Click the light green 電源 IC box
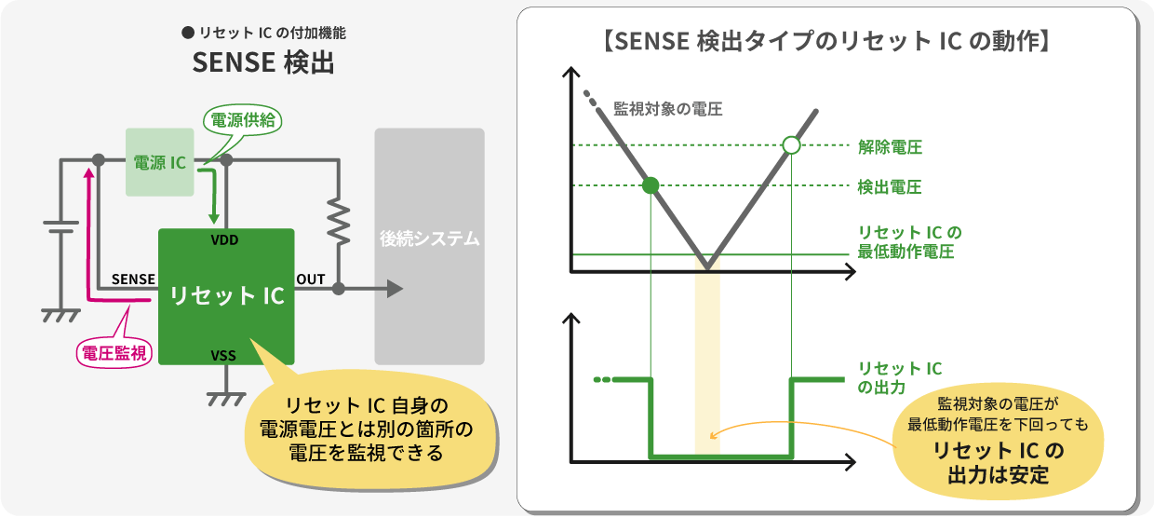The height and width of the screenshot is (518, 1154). coord(160,162)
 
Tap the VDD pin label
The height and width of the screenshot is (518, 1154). coord(224,240)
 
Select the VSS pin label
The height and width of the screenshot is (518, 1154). coord(223,356)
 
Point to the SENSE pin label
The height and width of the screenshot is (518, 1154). coord(133,279)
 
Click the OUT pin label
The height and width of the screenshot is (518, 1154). coord(311,279)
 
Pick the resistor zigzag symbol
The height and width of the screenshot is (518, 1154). coord(339,221)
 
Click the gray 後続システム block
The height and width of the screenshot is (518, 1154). coord(429,247)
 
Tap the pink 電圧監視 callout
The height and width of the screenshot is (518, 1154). coord(114,353)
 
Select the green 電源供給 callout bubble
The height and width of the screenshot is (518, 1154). coord(243,121)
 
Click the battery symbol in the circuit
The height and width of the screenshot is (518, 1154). coord(60,227)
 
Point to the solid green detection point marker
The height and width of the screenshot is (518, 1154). coord(651,185)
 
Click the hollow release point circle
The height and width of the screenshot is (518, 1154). coord(791,145)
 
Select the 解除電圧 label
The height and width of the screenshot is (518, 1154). coord(890,147)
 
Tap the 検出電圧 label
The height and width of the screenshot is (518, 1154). coord(889,186)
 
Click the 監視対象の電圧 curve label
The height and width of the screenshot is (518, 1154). coord(667,109)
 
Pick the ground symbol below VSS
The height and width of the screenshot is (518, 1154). coord(225,399)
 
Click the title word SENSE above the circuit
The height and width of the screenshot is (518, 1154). coord(234,62)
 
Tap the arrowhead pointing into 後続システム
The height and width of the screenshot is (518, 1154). coord(396,289)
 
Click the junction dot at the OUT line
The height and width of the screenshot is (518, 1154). coord(339,289)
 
